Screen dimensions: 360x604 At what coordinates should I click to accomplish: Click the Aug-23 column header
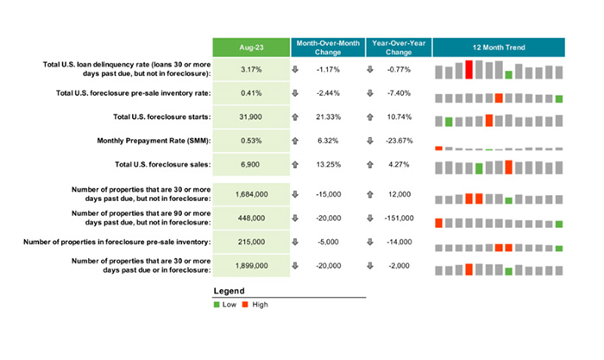[x=250, y=47]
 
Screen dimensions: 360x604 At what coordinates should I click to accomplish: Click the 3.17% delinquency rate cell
[x=250, y=69]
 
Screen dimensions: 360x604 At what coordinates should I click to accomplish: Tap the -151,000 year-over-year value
[x=399, y=218]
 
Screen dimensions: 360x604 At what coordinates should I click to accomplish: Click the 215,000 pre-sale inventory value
[x=250, y=243]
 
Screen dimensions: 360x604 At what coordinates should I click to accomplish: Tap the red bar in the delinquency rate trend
[x=469, y=70]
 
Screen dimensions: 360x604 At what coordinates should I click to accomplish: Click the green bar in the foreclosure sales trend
[x=479, y=168]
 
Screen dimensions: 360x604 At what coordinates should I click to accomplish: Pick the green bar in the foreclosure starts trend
[x=449, y=122]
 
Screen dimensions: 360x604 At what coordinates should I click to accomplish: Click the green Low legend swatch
[x=217, y=305]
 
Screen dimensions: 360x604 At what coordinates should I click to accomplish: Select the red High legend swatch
[x=244, y=305]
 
